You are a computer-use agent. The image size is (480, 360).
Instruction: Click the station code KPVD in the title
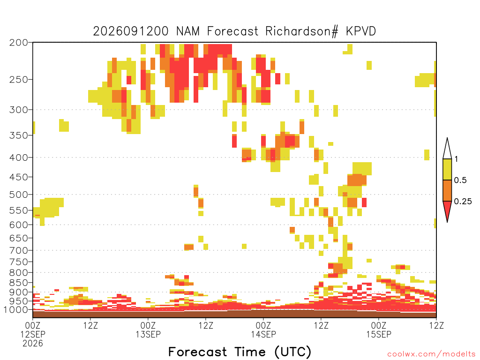361,31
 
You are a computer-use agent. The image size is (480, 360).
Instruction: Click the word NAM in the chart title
187,31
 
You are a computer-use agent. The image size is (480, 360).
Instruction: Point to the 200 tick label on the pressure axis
19,43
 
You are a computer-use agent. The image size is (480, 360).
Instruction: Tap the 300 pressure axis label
19,110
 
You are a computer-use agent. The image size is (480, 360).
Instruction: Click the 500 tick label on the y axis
19,195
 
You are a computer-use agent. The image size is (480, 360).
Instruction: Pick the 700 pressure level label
19,250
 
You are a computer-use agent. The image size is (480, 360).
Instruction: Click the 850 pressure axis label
19,283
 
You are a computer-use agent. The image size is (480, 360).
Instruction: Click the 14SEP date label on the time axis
263,334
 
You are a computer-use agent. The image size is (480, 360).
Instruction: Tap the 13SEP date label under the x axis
148,334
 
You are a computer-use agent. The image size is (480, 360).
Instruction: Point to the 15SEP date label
379,334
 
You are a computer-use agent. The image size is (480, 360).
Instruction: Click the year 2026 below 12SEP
33,344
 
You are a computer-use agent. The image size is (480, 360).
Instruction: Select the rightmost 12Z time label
436,325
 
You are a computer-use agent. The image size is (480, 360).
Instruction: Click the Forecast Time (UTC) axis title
240,352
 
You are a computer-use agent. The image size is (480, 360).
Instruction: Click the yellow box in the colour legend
447,169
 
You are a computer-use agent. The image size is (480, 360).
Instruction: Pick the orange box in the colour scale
447,190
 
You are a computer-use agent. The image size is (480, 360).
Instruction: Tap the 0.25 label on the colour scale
463,202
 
